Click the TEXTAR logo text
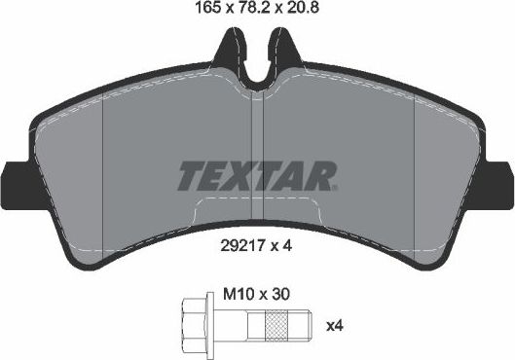[257, 175]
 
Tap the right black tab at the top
[283, 44]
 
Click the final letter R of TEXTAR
[324, 175]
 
